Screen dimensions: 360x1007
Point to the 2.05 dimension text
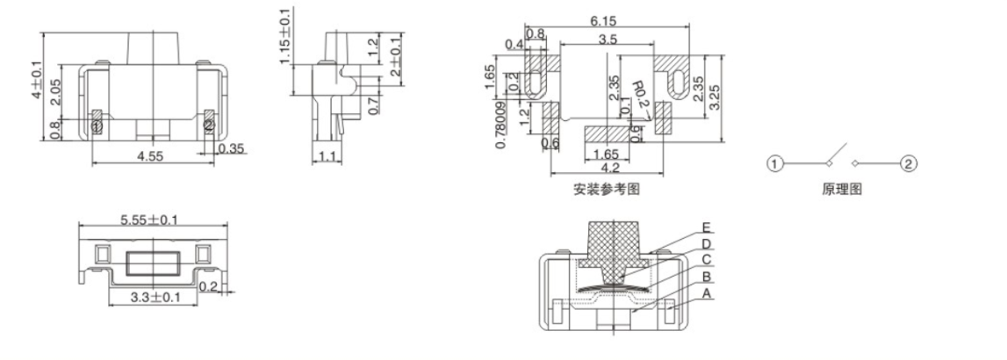[x=54, y=90]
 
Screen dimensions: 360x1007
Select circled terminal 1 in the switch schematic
[x=773, y=163]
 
